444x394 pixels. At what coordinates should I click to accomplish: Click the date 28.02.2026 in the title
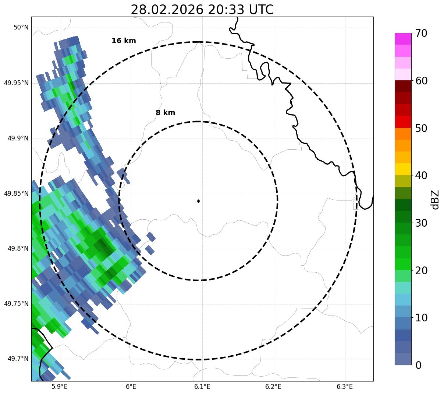167,10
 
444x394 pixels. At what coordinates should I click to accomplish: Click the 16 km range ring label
124,41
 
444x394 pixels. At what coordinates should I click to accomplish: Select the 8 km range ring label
165,113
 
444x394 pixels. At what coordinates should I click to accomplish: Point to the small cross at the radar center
199,201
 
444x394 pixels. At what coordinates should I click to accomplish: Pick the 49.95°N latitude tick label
16,83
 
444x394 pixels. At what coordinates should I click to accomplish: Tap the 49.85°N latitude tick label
16,193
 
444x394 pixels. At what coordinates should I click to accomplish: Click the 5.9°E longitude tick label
60,387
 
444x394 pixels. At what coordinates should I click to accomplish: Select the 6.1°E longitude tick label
202,387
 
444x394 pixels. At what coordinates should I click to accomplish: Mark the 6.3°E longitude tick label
345,387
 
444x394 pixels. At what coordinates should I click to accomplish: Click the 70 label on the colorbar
421,33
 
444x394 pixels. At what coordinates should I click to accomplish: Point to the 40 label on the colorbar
421,175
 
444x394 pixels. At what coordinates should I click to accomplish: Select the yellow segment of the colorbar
403,169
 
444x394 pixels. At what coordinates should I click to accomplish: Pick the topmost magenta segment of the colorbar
403,39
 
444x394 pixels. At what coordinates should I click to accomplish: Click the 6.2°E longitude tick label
273,387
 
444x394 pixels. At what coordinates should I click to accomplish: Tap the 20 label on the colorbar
421,270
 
